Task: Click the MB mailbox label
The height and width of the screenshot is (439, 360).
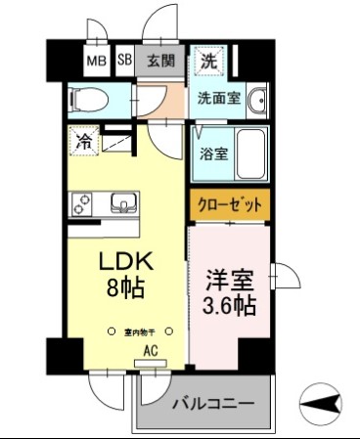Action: pos(96,61)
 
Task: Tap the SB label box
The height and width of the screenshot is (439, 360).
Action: pos(125,61)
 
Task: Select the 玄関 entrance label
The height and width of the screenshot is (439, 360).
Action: pos(161,61)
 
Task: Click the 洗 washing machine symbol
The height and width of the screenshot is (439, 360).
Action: pos(208,61)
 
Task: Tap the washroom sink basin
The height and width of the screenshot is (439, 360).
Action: pos(258,103)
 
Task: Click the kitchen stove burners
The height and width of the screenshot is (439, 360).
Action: pos(82,204)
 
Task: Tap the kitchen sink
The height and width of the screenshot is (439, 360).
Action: pos(124,204)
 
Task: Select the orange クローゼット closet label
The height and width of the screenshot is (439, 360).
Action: pos(229,207)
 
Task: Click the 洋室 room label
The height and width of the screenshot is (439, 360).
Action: pos(229,278)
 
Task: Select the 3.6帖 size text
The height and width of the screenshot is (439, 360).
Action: pos(230,306)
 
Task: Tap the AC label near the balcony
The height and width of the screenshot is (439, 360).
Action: pos(151,349)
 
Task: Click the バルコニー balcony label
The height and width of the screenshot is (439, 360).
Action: pos(213,403)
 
